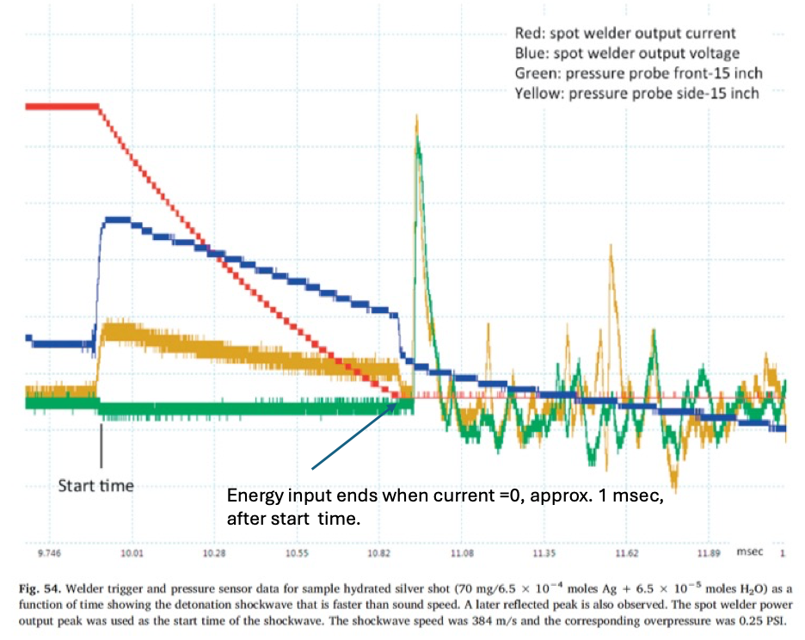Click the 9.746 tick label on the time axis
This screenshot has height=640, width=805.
[x=53, y=554]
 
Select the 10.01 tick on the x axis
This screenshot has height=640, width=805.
[x=132, y=554]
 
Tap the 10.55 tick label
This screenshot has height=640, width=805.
[x=298, y=554]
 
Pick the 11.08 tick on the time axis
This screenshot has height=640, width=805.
[x=463, y=554]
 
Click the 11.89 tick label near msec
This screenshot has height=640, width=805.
[x=710, y=554]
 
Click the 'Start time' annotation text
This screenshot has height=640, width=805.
[x=96, y=486]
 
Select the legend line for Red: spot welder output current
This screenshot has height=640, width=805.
[x=624, y=34]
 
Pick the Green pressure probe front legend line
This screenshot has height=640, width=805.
[x=638, y=73]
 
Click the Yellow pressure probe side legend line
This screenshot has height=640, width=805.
[x=636, y=93]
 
